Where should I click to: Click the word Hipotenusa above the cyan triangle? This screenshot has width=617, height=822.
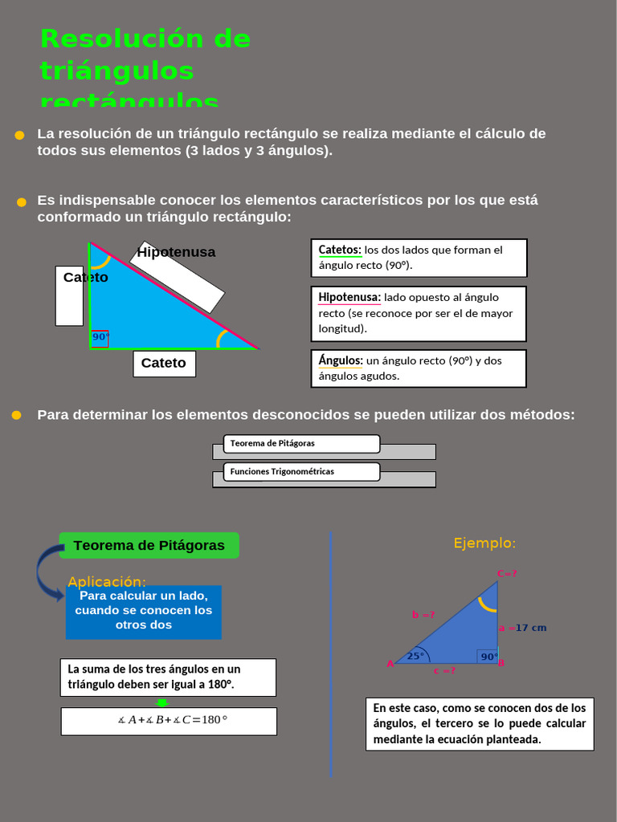coord(176,252)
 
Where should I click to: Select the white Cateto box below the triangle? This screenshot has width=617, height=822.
coord(164,364)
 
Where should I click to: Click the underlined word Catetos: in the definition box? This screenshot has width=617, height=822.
coord(340,250)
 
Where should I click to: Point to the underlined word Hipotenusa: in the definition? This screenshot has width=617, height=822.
coord(349,297)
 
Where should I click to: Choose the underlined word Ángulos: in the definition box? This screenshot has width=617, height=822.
coord(341,360)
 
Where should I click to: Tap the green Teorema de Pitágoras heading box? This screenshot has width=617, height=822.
coord(149,546)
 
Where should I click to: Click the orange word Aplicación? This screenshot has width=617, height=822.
coord(107,581)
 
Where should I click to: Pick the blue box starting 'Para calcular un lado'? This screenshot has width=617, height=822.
coord(144,612)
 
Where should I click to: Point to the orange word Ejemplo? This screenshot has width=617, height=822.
coord(484,543)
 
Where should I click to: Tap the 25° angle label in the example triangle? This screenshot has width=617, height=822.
coord(415,656)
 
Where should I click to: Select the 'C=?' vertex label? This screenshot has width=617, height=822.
coord(507,573)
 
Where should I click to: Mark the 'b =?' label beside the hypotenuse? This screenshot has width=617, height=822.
coord(423,615)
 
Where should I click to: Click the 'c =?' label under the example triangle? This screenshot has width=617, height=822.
coord(444,670)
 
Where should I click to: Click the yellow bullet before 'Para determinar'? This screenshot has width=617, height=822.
coord(16,415)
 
